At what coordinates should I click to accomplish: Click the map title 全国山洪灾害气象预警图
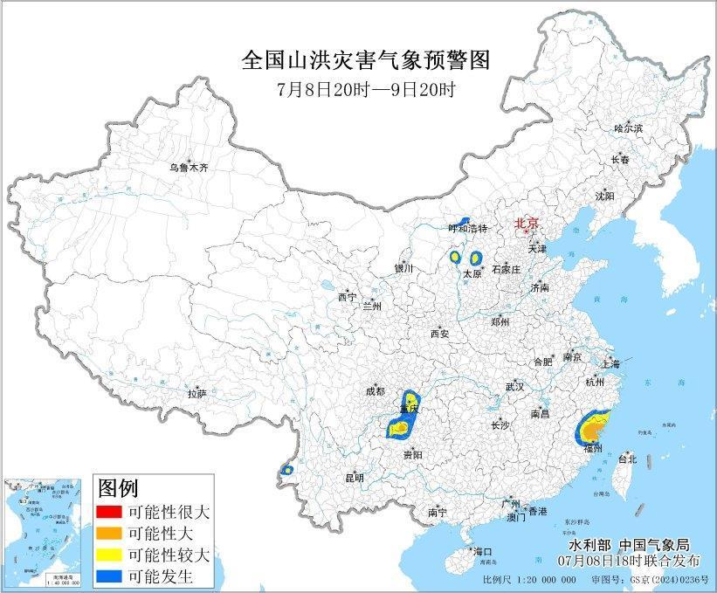(365, 59)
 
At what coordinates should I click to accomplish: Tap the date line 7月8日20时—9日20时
(364, 89)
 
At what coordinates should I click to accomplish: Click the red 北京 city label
(527, 223)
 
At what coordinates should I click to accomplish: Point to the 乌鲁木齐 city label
(189, 167)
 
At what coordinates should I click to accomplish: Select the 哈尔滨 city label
(627, 128)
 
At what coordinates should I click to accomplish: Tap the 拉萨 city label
(196, 394)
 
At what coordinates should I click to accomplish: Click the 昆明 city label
(354, 478)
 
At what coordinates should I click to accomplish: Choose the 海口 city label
(482, 552)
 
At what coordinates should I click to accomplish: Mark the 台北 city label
(627, 459)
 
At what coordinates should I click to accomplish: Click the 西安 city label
(438, 334)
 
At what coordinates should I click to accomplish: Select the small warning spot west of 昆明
(286, 470)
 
